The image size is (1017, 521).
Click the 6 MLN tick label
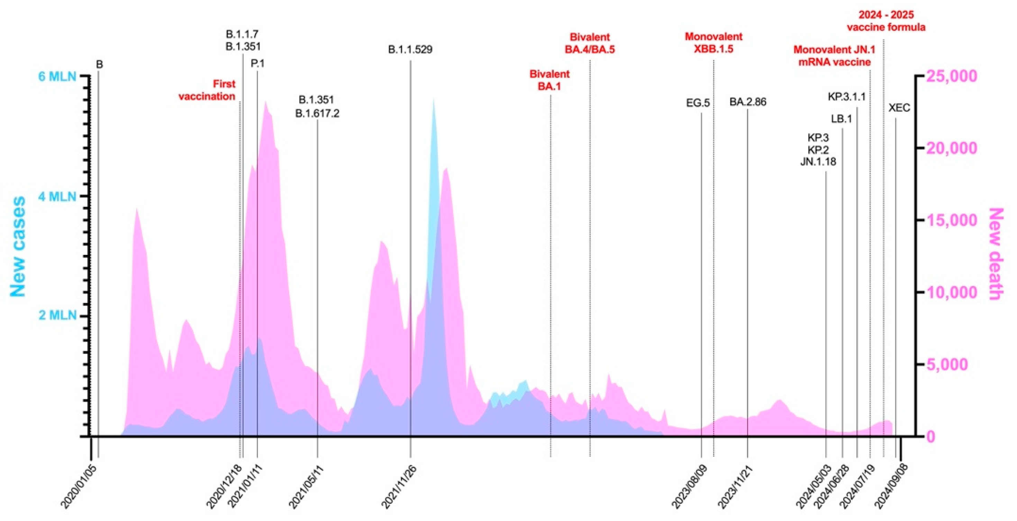(57, 76)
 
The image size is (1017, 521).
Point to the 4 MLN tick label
(57, 196)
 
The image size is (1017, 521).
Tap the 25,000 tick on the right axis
(952, 76)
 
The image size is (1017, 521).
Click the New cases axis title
(18, 247)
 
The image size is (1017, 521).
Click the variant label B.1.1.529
(410, 50)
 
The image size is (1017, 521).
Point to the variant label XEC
(899, 108)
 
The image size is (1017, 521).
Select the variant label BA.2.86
(747, 102)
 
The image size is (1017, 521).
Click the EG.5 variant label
(698, 103)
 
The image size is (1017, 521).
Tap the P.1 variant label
(257, 64)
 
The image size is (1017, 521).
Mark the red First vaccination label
(207, 90)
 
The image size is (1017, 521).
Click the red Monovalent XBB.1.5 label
(714, 43)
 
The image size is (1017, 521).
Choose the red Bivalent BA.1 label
(549, 80)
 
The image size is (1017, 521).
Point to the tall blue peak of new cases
(434, 107)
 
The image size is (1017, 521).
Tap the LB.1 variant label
(841, 119)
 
